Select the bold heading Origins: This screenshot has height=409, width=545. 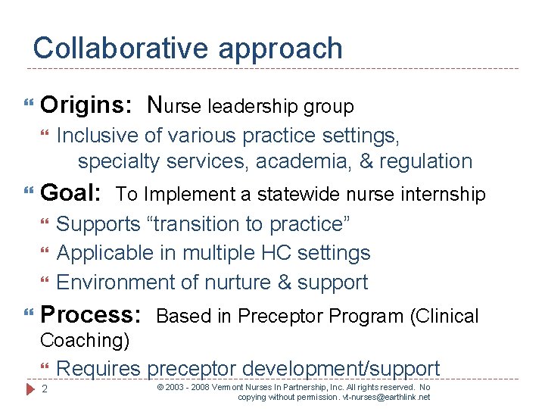89,105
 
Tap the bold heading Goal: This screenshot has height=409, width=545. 71,193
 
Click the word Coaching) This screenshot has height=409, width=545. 85,341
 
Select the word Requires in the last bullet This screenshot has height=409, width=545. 98,369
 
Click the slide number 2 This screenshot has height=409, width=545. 45,390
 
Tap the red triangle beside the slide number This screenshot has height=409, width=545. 30,389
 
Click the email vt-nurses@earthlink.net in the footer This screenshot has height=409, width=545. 386,397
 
